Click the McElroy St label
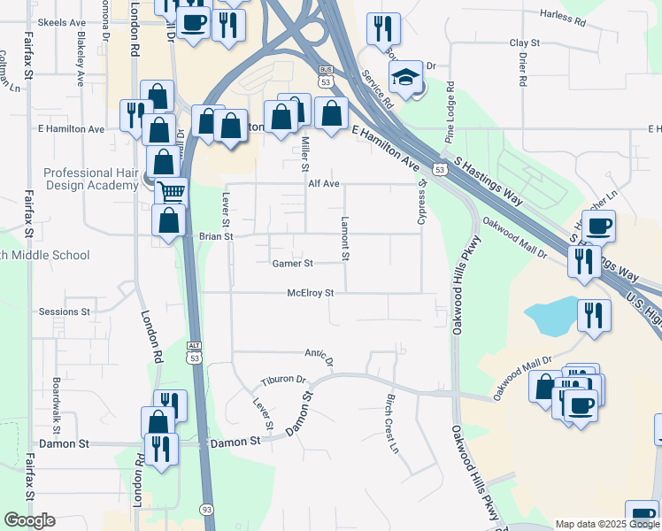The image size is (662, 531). [x=310, y=293]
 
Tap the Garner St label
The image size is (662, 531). [x=292, y=264]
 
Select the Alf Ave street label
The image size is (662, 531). [x=324, y=184]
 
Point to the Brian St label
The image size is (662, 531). [x=215, y=236]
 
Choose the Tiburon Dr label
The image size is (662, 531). [x=282, y=381]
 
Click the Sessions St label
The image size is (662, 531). [x=65, y=312]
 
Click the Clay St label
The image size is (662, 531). [x=525, y=42]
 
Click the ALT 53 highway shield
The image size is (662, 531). [x=195, y=352]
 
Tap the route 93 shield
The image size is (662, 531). [x=206, y=510]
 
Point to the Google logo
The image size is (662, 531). [x=29, y=520]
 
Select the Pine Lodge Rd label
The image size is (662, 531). [x=450, y=113]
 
